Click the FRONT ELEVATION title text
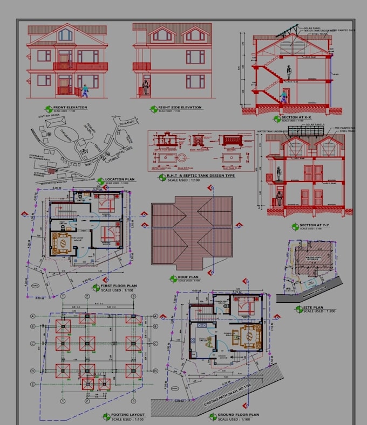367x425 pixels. [70, 107]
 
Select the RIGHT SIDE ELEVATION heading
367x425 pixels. [180, 107]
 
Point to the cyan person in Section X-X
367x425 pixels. [282, 97]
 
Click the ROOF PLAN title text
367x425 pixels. [189, 277]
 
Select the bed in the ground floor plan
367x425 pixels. [246, 307]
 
